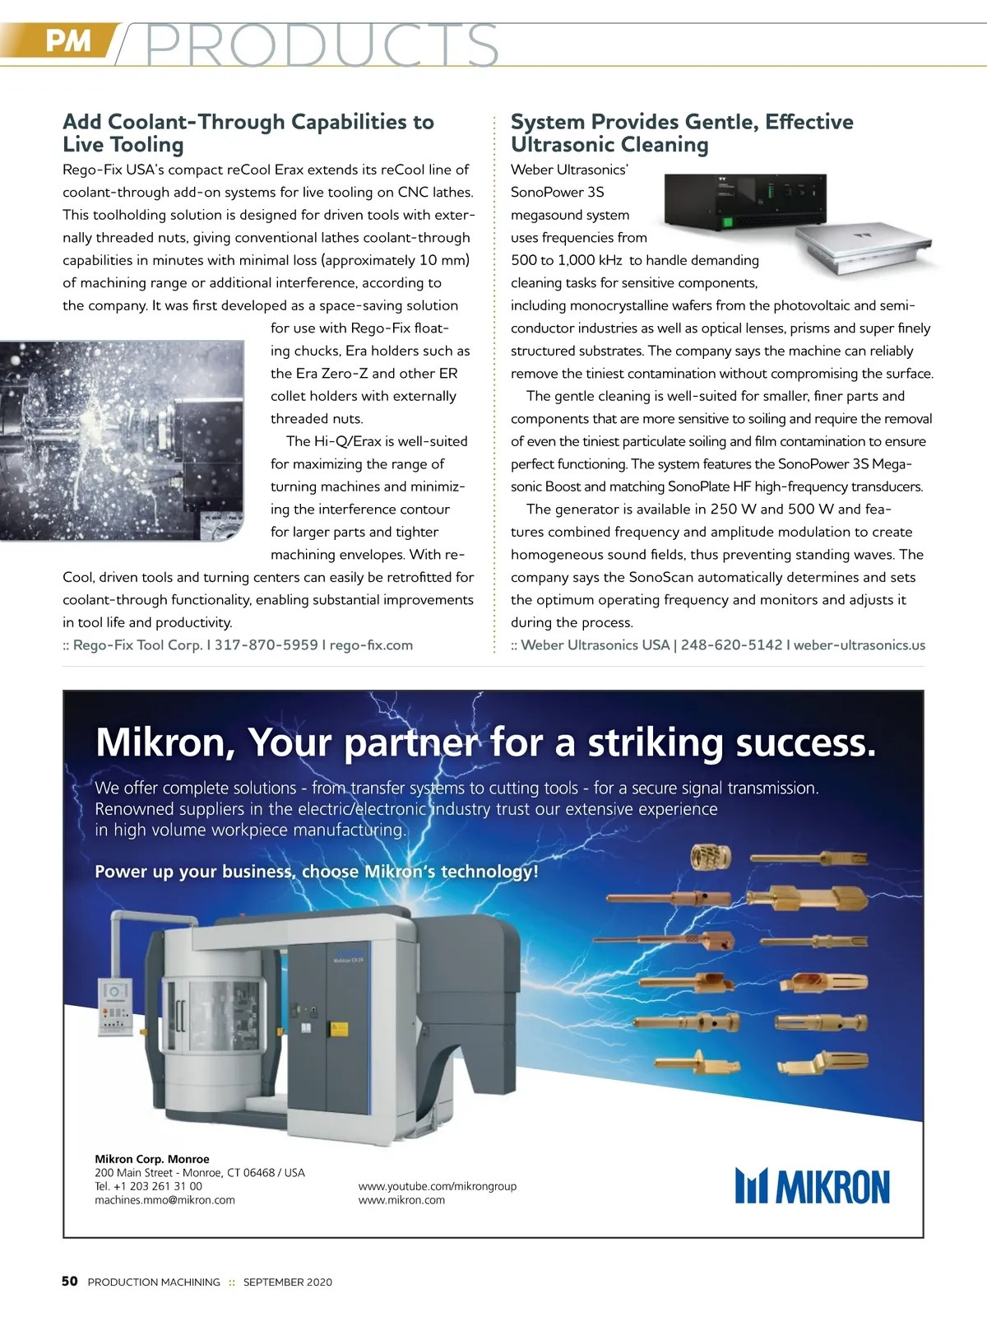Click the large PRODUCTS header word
tap(321, 45)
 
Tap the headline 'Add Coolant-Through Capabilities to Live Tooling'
tap(248, 133)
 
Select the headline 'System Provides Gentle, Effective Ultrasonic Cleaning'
tap(682, 133)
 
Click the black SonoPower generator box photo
tap(744, 202)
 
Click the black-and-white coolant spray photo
tap(122, 440)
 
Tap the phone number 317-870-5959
tap(266, 645)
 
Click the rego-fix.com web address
tap(371, 645)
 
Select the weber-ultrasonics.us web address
tap(859, 645)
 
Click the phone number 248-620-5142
tap(731, 645)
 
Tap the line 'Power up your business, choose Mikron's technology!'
tap(317, 872)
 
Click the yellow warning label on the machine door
tap(339, 1028)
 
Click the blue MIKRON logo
tap(812, 1186)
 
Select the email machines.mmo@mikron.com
tap(164, 1200)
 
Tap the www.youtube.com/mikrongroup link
tap(438, 1186)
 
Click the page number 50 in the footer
tap(70, 1281)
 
